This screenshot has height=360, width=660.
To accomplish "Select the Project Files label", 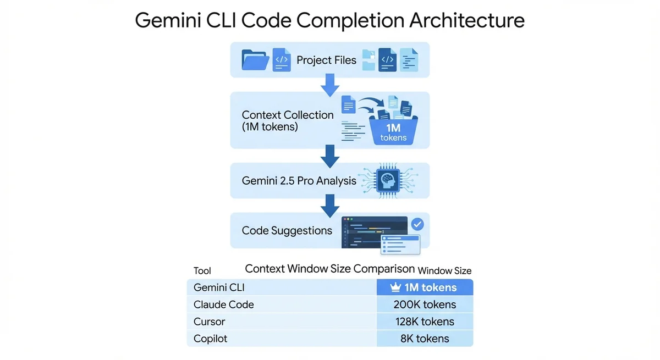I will tap(326, 60).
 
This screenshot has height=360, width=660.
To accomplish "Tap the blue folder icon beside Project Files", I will tap(255, 60).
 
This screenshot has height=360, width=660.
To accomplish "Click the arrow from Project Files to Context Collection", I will tap(329, 84).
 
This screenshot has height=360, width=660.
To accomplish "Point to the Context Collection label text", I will tap(287, 120).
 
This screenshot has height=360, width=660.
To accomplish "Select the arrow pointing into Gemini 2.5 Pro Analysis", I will tap(329, 156).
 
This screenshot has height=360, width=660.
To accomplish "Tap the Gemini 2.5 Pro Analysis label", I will tap(299, 180).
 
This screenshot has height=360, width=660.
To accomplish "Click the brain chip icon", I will tap(388, 180).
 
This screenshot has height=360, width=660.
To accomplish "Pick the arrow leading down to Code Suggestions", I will tap(329, 205).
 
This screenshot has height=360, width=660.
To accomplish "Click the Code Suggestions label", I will tap(287, 230).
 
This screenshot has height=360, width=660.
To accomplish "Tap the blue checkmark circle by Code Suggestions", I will tap(417, 224).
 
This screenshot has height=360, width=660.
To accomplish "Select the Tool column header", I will tap(202, 270).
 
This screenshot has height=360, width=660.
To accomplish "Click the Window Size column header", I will tap(444, 270).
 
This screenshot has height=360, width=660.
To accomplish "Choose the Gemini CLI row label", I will tap(219, 287).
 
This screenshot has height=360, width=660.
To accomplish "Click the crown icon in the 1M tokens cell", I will tap(395, 287).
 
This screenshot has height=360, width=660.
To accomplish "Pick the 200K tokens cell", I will tap(425, 304).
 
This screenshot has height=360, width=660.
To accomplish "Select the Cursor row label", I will tap(210, 322).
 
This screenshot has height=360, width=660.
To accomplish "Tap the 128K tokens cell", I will tap(425, 322).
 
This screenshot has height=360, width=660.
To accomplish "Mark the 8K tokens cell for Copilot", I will tap(425, 339).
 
